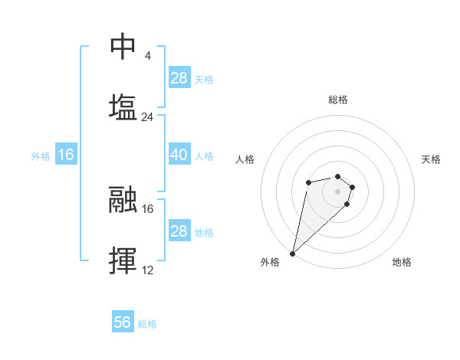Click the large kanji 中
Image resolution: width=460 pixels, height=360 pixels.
(123, 47)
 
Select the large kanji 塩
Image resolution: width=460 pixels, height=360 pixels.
(123, 107)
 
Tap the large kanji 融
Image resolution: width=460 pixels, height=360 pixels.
(123, 201)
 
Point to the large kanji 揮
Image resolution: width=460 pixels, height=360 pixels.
(123, 260)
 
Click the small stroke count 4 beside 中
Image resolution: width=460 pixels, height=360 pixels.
(147, 56)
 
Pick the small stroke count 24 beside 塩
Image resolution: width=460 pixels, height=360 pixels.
(147, 117)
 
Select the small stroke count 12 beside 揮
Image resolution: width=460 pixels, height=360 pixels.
(147, 270)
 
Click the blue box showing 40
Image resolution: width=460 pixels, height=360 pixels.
(179, 155)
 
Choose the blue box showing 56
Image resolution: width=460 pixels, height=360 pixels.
(122, 322)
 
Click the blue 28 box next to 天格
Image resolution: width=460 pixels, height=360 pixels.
(179, 78)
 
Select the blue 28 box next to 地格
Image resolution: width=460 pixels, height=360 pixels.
(179, 231)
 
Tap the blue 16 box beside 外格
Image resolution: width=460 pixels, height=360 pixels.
(66, 155)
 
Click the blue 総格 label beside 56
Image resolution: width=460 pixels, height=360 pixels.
(147, 324)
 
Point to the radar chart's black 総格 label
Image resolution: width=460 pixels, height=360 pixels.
(338, 100)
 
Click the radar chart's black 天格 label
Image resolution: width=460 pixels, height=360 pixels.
(431, 159)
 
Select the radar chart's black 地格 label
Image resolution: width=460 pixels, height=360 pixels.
(402, 262)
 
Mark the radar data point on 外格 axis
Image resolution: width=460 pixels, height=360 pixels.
(293, 253)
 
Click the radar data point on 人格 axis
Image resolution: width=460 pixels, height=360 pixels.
(308, 182)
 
